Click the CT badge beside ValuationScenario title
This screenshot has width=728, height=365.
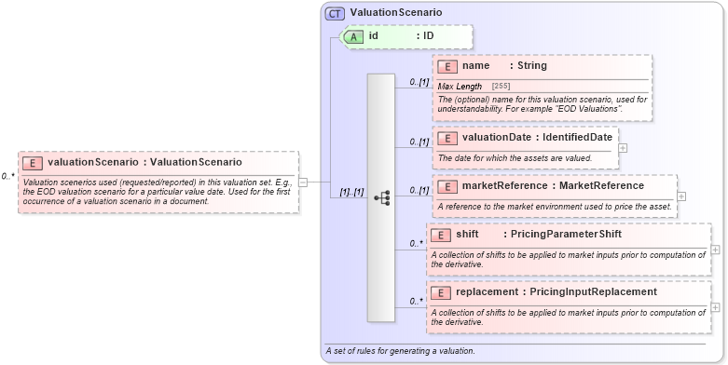(336, 14)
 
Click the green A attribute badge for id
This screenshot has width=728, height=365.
(354, 36)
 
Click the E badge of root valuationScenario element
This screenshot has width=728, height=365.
(33, 163)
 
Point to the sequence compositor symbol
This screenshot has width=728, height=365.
(381, 197)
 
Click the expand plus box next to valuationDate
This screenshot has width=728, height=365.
(623, 148)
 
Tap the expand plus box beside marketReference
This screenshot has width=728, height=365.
(681, 196)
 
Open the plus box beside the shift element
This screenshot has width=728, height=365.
(715, 250)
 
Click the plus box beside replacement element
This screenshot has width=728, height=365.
(715, 306)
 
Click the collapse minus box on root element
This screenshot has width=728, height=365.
(303, 182)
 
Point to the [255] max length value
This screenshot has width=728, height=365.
(501, 86)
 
